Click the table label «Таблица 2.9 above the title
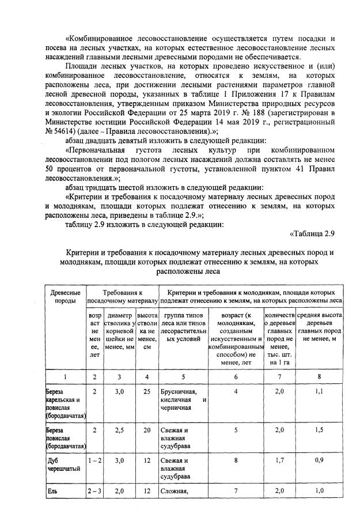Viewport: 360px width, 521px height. click(310, 233)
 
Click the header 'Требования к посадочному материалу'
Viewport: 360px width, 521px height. click(122, 297)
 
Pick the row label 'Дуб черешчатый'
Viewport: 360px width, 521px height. click(59, 465)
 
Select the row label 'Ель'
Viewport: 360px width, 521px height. click(52, 490)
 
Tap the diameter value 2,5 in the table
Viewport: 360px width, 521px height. click(119, 429)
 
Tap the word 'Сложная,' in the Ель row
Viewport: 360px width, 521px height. click(175, 491)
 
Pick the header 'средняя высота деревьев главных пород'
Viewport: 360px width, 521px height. click(318, 327)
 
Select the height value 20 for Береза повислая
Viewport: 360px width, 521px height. click(147, 429)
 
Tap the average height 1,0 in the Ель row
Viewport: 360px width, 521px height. click(318, 490)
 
